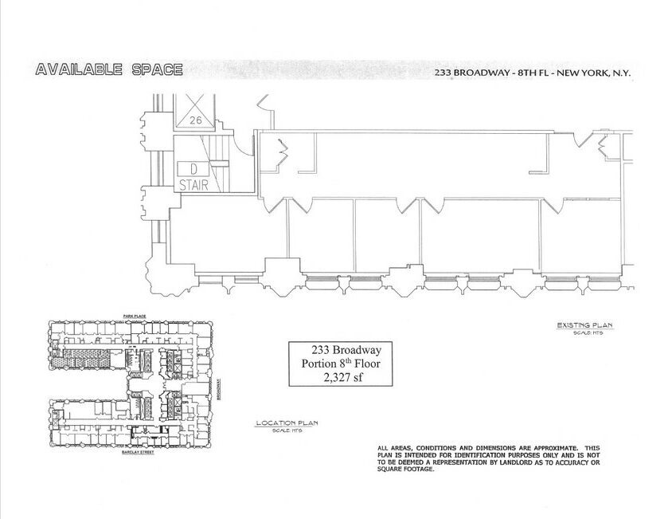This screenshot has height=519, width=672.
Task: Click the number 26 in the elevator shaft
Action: point(197,120)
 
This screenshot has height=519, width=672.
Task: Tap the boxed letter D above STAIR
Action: point(192,169)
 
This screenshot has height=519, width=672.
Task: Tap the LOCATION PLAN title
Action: point(286,423)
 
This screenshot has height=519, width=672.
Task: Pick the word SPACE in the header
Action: point(156,70)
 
